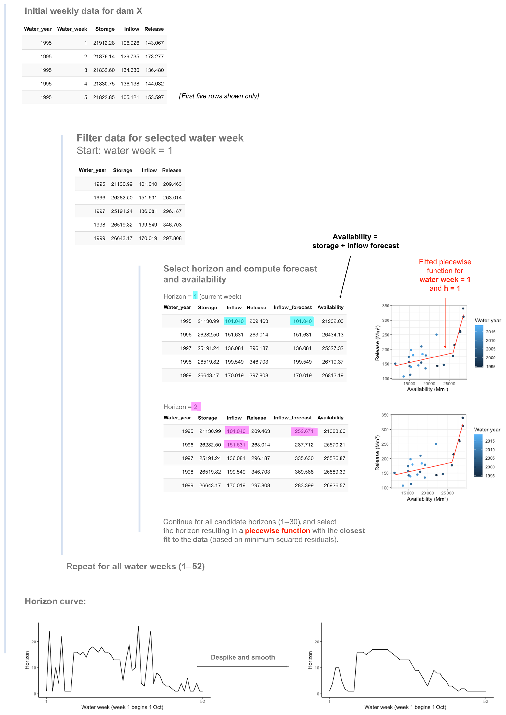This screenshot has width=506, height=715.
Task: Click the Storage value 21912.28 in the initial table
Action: [104, 43]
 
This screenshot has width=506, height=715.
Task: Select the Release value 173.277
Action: [154, 56]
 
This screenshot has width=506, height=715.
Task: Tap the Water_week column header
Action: [72, 29]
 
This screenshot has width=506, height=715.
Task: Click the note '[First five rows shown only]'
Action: [219, 96]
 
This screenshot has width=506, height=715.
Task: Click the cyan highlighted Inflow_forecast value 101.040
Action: [302, 321]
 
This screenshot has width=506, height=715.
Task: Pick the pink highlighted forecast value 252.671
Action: [304, 431]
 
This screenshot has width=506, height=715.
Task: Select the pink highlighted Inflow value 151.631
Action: [236, 445]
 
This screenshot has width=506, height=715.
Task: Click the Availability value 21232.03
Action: [332, 321]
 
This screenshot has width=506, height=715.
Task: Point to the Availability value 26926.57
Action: [334, 485]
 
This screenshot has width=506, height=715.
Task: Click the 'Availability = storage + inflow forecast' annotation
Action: [355, 241]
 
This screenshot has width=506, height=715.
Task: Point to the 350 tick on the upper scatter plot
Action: [386, 306]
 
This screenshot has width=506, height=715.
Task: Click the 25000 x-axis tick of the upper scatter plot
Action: [449, 384]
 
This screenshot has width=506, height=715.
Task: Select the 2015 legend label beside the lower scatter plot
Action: [490, 441]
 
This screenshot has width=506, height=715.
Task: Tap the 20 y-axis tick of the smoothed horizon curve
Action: [317, 642]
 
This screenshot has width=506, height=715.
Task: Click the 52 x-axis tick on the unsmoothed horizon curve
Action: [202, 701]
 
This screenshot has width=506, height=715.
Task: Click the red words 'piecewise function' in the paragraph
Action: [277, 531]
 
